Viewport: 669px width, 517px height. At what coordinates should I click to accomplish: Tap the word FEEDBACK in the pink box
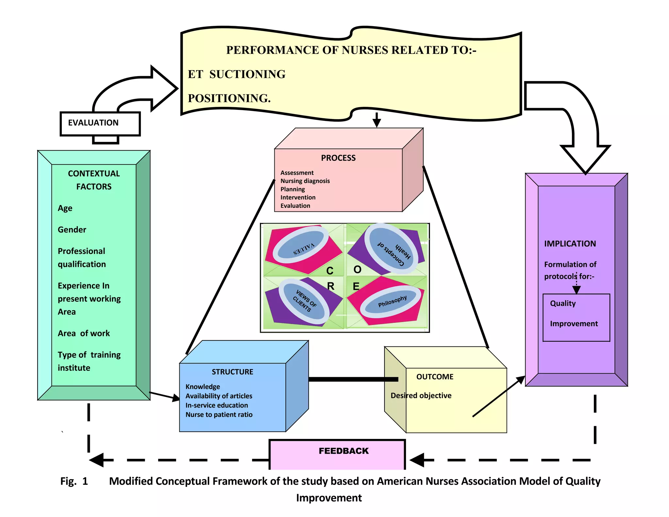click(x=343, y=451)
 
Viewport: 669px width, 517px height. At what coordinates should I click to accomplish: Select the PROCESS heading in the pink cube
click(x=338, y=158)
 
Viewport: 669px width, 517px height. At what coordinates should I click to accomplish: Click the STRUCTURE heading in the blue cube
click(x=232, y=372)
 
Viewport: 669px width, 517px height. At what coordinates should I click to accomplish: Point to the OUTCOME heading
click(x=435, y=377)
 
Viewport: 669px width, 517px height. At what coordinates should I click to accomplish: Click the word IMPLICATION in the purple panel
click(x=570, y=244)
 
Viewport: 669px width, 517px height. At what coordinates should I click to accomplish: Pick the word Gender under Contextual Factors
click(x=72, y=230)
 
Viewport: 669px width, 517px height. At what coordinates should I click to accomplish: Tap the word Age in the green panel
click(x=65, y=208)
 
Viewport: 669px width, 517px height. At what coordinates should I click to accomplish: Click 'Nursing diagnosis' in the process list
click(x=305, y=181)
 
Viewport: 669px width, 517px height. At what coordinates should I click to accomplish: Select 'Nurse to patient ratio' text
click(x=219, y=415)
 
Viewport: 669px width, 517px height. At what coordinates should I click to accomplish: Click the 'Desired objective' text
click(x=421, y=396)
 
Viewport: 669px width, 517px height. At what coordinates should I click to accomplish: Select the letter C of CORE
click(x=330, y=271)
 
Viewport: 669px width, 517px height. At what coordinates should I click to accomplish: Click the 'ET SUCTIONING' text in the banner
click(x=237, y=75)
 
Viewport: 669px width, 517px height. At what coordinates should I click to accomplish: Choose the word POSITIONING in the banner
click(x=229, y=98)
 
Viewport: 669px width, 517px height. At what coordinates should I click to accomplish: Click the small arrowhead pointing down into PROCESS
click(x=377, y=123)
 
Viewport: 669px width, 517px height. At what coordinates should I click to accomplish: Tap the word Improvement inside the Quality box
click(x=574, y=324)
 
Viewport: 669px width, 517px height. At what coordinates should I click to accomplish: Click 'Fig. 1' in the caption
click(x=74, y=481)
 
